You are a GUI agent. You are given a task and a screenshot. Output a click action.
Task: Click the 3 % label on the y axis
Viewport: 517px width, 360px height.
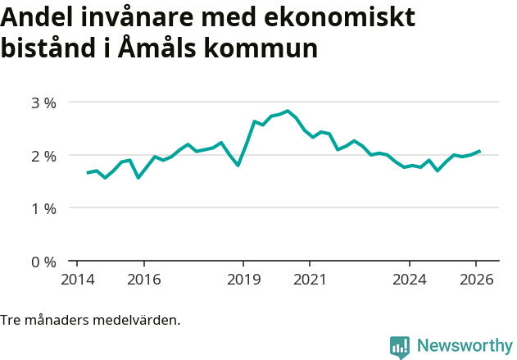[x=43, y=103]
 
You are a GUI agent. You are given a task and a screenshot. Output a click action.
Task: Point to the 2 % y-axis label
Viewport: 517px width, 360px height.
[x=43, y=156]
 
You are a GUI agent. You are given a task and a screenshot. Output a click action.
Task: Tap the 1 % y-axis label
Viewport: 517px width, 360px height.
[x=43, y=208]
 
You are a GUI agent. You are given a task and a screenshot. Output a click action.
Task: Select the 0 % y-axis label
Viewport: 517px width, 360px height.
[x=43, y=262]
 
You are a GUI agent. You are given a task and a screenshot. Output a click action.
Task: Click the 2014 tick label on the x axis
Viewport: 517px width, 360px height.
[x=77, y=279]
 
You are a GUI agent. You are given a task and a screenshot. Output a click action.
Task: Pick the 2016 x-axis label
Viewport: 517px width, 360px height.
[x=143, y=279]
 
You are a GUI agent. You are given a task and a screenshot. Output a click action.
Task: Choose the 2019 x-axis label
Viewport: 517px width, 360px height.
[x=243, y=279]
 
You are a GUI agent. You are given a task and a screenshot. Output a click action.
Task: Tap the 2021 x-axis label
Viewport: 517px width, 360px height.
[x=310, y=279]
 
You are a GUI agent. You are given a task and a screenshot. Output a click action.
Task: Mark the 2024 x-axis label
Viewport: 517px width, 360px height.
[x=410, y=279]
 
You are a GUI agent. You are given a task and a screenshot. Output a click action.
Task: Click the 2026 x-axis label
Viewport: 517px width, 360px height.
[x=476, y=279]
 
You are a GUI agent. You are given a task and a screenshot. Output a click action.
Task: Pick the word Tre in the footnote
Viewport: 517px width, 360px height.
[x=11, y=320]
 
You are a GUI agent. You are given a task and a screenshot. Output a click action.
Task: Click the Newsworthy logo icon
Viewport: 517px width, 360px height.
[x=400, y=347]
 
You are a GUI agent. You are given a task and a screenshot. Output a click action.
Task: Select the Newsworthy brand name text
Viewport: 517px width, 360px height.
[x=464, y=346]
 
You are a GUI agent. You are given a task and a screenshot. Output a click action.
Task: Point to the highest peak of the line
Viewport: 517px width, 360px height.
[x=288, y=111]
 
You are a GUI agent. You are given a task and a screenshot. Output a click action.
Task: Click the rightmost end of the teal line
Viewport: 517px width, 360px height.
[x=480, y=151]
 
